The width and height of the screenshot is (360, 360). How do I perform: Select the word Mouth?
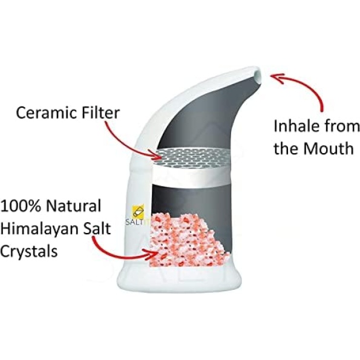(x=328, y=148)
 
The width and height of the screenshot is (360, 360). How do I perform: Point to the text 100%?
(x=21, y=206)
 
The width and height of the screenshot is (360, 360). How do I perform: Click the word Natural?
(x=73, y=206)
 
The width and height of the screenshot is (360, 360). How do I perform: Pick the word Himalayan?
(x=39, y=229)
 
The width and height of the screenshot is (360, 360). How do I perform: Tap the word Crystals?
(x=28, y=251)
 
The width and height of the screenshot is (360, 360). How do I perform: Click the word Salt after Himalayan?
(x=97, y=228)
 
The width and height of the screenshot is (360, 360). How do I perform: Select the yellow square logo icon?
(x=138, y=211)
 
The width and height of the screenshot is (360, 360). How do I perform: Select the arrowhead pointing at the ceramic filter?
(x=156, y=155)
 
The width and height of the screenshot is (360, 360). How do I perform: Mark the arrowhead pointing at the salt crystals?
(x=152, y=253)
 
